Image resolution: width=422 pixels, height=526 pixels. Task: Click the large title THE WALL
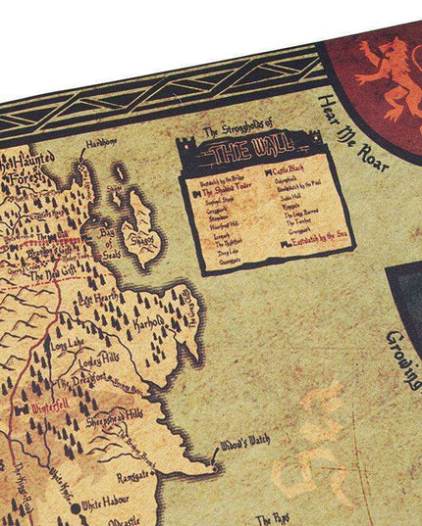[252, 154]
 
